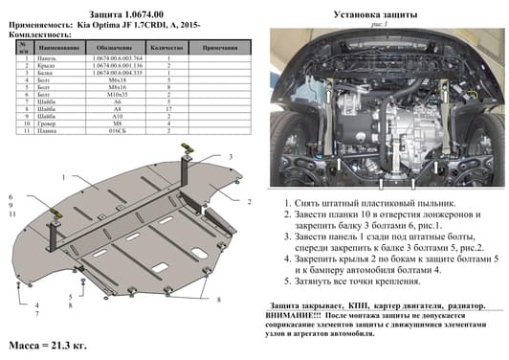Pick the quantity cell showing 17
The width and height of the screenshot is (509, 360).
pyautogui.click(x=168, y=109)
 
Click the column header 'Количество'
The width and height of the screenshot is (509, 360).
pyautogui.click(x=168, y=46)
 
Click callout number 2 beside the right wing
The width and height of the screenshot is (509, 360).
pyautogui.click(x=248, y=202)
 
